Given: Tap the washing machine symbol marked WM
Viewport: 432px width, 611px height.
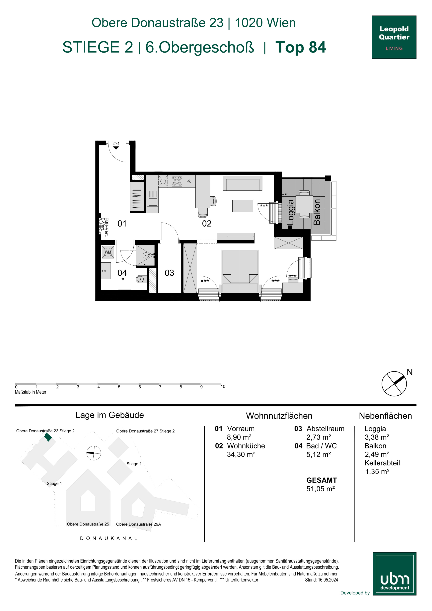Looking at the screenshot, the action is point(108,252).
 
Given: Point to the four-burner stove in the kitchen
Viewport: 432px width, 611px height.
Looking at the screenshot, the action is point(177,181).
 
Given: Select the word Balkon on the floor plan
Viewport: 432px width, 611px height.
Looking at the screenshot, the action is point(317,212).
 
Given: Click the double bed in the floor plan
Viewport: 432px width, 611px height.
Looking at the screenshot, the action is point(240,271).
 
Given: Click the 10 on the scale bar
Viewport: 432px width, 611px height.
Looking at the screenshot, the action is point(223,386).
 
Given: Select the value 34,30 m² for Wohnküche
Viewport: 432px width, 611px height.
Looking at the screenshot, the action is point(241,454).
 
